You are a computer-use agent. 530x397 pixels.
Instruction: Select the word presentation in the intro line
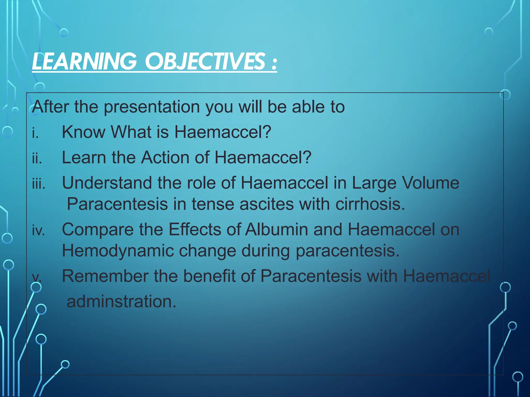pos(152,107)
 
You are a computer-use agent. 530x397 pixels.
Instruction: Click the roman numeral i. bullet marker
pos(35,133)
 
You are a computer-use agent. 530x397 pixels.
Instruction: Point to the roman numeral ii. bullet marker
pos(37,158)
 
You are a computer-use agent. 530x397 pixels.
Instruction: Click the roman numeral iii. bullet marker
pos(39,184)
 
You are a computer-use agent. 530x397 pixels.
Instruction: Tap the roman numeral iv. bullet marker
pos(38,230)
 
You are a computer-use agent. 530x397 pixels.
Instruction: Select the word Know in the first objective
pos(83,132)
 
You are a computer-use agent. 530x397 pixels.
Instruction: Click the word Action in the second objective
pos(165,157)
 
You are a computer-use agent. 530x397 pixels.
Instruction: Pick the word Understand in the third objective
pos(107,183)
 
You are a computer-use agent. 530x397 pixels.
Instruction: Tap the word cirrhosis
pos(370,204)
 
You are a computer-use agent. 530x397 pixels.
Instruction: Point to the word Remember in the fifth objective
pos(105,276)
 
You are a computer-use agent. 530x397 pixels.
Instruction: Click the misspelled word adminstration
pos(121,301)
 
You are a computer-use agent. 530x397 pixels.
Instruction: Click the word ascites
pos(267,204)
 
